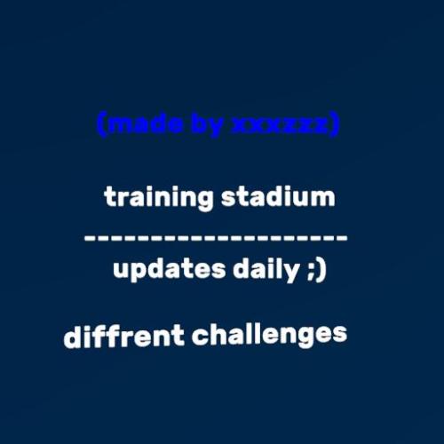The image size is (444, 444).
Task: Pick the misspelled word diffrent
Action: (x=124, y=337)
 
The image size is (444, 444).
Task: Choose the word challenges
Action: (x=269, y=335)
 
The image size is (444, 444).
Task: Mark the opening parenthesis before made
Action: (x=100, y=125)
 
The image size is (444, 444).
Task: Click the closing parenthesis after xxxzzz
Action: (x=335, y=125)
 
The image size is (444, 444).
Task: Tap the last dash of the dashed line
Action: (x=342, y=238)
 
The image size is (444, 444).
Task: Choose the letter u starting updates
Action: (x=120, y=270)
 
